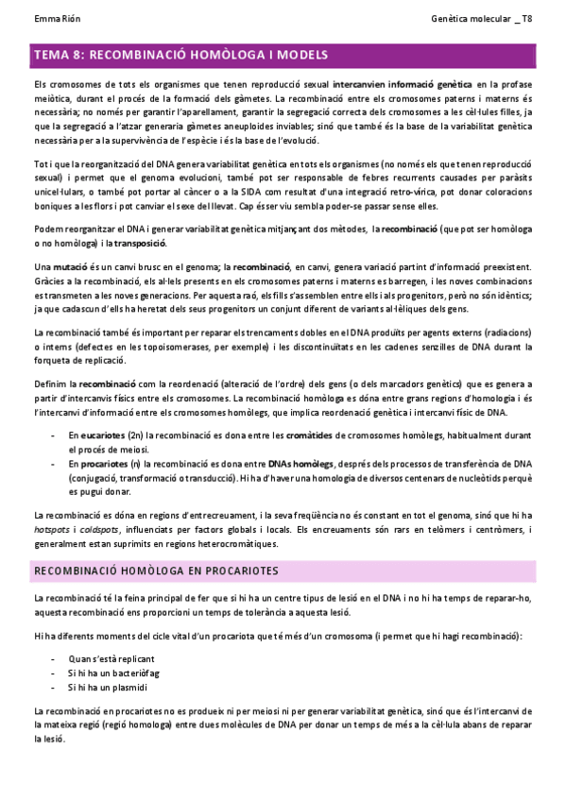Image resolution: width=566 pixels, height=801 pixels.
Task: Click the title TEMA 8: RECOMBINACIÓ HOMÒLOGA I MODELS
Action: [x=180, y=56]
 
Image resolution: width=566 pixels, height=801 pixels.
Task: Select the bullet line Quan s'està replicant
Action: [x=111, y=658]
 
